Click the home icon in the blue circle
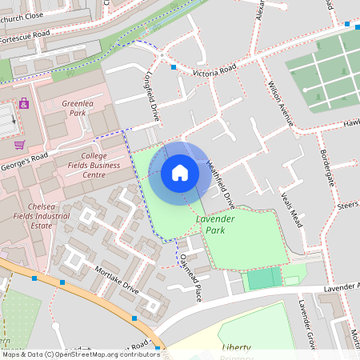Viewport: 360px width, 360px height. coord(180,172)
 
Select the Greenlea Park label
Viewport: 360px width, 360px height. coord(78,108)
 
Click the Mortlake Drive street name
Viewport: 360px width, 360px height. coord(116,280)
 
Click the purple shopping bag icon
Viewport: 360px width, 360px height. coord(24,103)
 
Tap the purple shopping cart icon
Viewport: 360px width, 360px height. coord(19,145)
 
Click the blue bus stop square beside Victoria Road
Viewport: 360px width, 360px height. coord(174,67)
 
